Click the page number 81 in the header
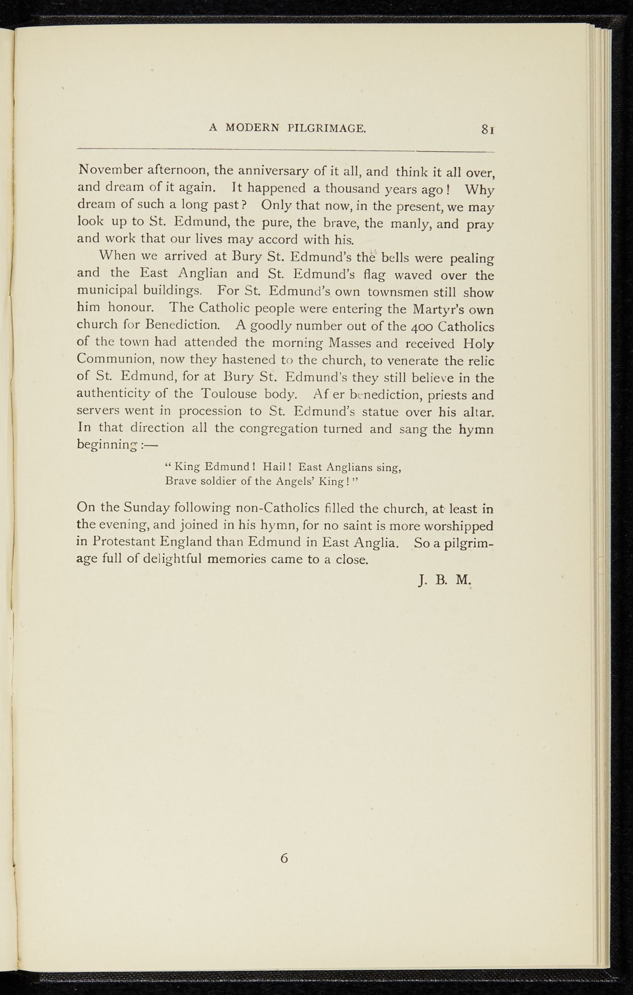[488, 130]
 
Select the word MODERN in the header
[252, 128]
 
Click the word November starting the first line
[109, 171]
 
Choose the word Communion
[115, 360]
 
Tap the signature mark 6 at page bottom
[285, 858]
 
